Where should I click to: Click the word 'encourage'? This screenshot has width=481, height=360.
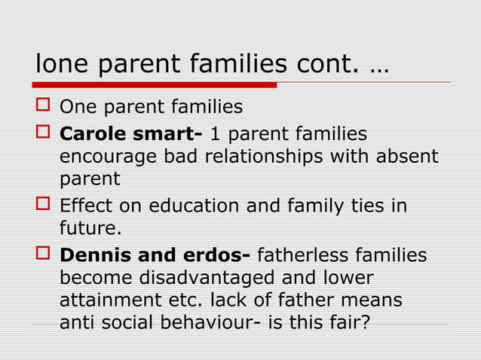[106, 157]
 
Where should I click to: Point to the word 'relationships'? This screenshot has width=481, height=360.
[256, 157]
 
